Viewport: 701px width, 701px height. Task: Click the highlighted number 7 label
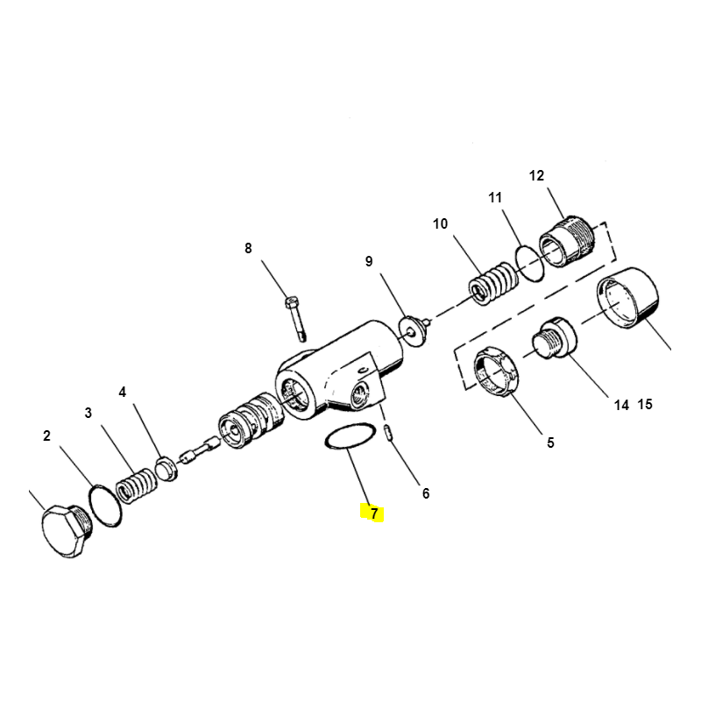(374, 513)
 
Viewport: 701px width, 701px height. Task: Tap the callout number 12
(536, 176)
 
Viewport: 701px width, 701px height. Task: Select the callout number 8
(248, 248)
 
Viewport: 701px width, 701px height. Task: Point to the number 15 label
(645, 404)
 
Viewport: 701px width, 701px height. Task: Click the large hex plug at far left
(67, 531)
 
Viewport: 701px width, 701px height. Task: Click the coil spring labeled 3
(137, 485)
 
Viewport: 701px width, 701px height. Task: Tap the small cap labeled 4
(166, 468)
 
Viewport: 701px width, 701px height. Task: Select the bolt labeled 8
(295, 318)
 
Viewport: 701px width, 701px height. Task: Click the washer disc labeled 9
(411, 330)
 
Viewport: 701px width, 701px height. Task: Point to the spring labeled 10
(493, 283)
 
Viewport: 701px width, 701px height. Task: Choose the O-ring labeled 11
(530, 264)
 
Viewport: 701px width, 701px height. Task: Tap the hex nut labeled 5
(496, 371)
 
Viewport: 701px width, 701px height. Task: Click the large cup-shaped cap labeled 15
(627, 298)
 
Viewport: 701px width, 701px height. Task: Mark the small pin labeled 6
(389, 433)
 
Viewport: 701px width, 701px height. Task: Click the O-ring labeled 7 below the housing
(349, 435)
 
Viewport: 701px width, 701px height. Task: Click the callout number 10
(441, 223)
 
